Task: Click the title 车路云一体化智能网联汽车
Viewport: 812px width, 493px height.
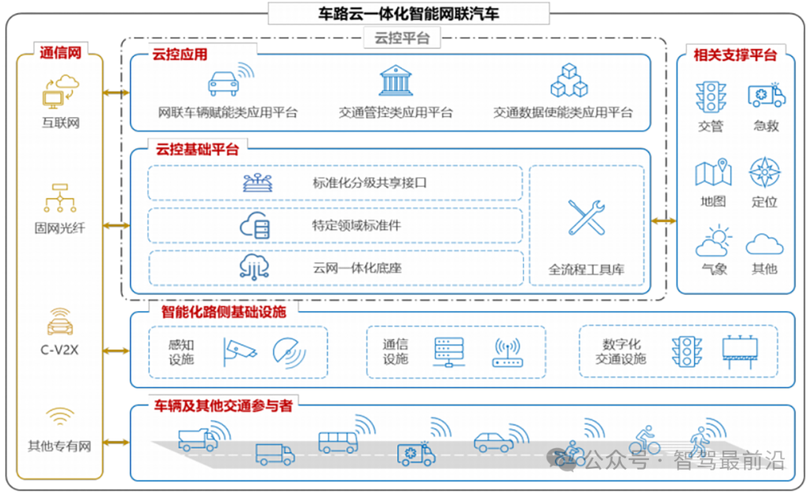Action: point(408,14)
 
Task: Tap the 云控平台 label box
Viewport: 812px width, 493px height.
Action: point(401,38)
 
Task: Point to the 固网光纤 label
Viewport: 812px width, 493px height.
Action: point(59,228)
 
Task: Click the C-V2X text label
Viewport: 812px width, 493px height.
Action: point(59,350)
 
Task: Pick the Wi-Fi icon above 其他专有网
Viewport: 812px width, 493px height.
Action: point(60,416)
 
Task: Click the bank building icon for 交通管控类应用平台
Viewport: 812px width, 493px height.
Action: point(395,80)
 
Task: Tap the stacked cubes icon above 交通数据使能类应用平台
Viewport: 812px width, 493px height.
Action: point(568,80)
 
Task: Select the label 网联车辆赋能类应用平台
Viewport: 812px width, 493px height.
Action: point(228,113)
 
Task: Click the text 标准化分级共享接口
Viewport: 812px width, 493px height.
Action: point(369,183)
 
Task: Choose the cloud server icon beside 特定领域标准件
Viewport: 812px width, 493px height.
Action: point(254,225)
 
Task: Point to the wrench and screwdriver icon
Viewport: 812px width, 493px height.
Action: point(586,217)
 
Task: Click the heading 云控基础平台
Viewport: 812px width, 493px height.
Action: point(197,150)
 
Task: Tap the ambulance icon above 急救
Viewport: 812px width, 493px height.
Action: point(766,95)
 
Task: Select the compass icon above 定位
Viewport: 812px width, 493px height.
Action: point(765,172)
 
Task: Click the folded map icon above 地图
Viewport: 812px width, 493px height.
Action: point(713,172)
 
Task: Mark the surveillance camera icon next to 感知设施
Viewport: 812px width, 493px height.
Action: point(239,352)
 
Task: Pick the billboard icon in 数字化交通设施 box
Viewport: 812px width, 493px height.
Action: point(740,352)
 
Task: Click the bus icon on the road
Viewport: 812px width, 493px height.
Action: point(338,443)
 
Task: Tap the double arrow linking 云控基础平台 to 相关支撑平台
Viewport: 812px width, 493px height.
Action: point(663,221)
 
